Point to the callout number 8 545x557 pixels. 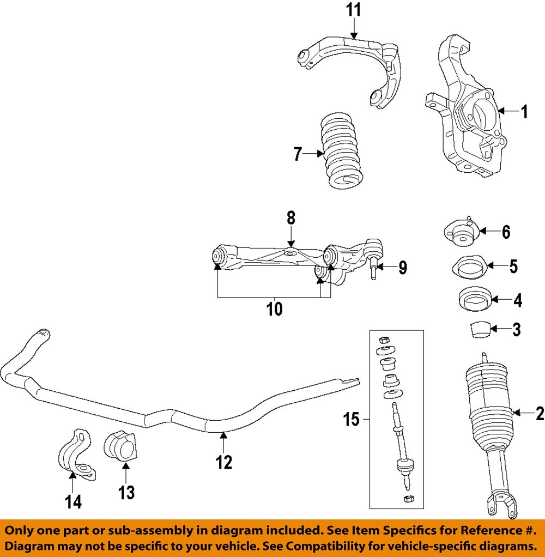click(x=291, y=219)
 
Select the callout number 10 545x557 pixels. click(x=274, y=309)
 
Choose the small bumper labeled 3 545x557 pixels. click(x=479, y=329)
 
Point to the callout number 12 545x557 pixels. click(x=224, y=462)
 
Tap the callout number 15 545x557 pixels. click(x=352, y=419)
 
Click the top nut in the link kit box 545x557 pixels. click(x=384, y=339)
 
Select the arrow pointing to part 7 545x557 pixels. click(x=314, y=154)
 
